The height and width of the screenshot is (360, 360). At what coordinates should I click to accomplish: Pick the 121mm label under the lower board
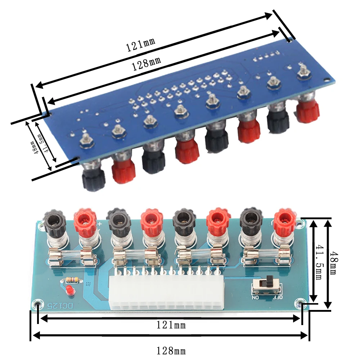[x=171, y=325]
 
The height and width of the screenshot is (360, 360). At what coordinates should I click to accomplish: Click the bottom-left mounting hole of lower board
[x=37, y=305]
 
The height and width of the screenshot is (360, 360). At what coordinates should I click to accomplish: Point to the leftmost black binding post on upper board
[x=93, y=179]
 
